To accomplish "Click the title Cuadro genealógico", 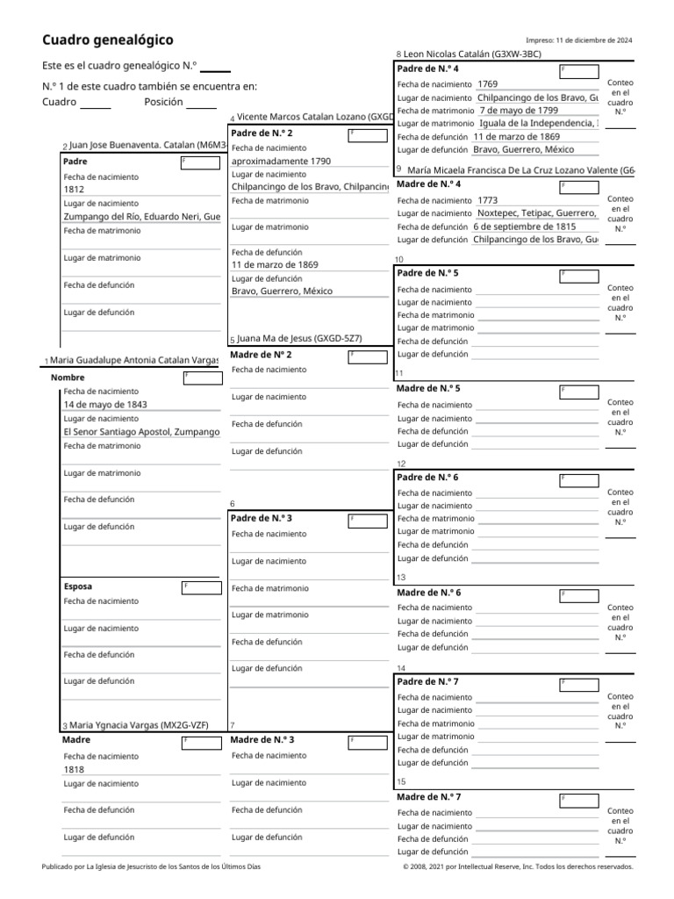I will [108, 40].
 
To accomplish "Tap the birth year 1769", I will [487, 84].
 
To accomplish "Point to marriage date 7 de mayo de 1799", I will [519, 111].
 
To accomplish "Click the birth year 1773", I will [487, 200].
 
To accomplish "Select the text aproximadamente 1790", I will [281, 162].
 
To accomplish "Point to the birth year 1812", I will [74, 189].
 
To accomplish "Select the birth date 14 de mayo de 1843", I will [105, 405].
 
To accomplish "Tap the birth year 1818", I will [74, 769].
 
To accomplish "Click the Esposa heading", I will [78, 586].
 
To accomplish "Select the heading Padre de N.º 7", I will [428, 681].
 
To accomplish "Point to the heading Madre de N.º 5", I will [429, 388].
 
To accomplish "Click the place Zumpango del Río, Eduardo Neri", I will [141, 216].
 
